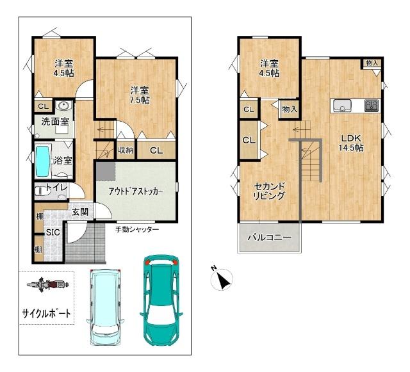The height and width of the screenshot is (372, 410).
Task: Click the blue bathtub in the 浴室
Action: tap(43, 161)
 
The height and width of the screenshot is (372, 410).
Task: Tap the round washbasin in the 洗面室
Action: tap(63, 106)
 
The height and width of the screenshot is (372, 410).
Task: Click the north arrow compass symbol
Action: tap(222, 279)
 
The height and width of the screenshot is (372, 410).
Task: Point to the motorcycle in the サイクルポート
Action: tap(48, 284)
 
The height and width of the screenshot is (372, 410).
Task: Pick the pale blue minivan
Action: tap(105, 307)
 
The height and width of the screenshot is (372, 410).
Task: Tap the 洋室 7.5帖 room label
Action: tap(140, 95)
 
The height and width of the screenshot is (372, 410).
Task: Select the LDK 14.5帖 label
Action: tap(351, 143)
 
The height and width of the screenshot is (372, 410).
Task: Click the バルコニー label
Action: tap(269, 238)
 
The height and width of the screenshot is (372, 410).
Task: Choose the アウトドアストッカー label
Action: tap(136, 191)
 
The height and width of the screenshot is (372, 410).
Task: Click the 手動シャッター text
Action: tap(137, 229)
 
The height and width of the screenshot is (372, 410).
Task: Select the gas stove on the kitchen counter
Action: tap(372, 106)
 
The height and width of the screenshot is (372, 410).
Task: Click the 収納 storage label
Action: tap(126, 150)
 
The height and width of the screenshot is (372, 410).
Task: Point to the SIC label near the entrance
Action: tap(53, 232)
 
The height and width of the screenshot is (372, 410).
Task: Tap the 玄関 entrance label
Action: tap(80, 212)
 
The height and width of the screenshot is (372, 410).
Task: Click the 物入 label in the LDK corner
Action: tap(372, 63)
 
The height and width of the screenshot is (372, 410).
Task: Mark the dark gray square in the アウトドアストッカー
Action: tap(106, 171)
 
